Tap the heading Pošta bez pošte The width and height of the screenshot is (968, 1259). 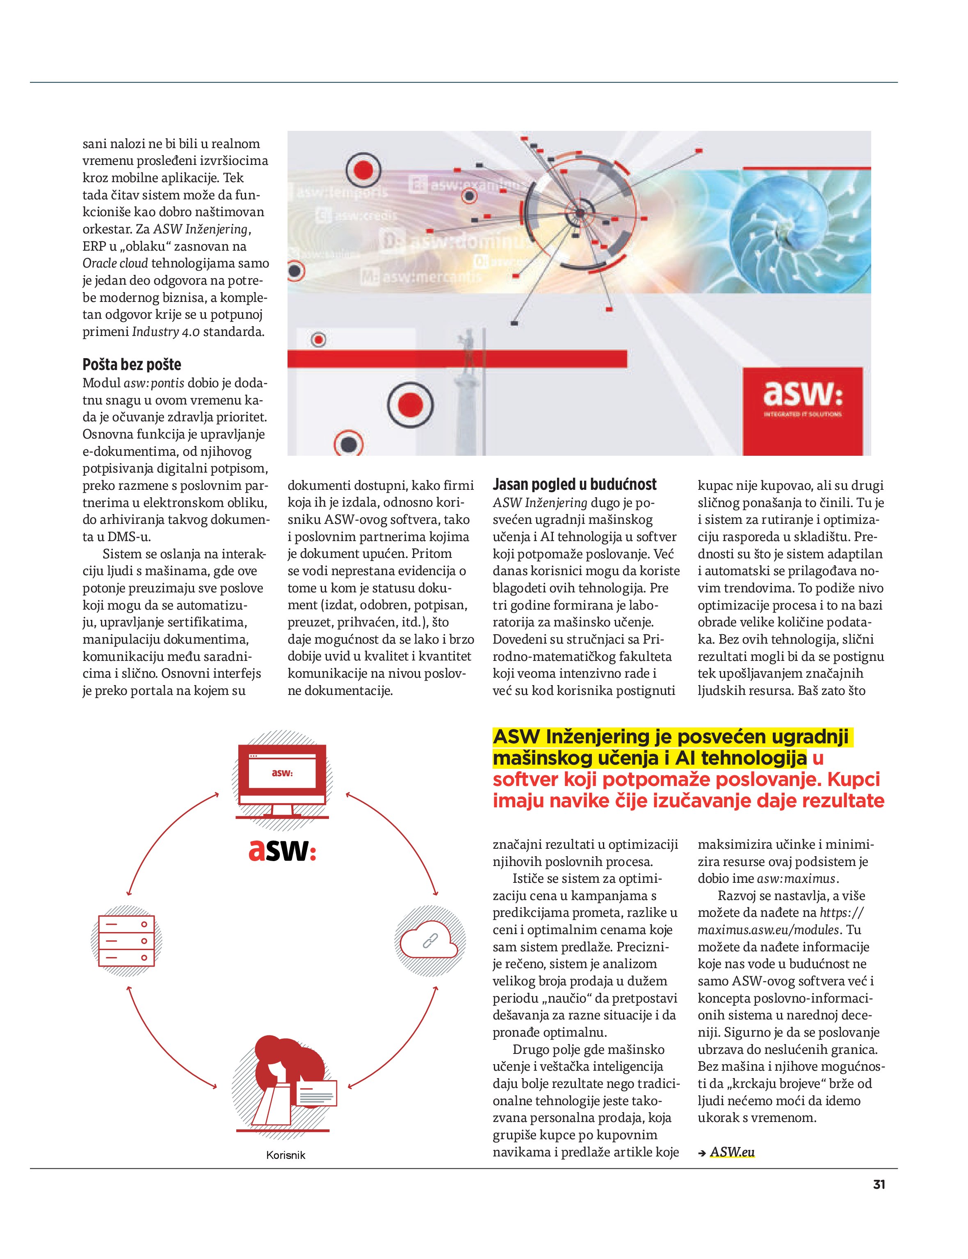tap(132, 365)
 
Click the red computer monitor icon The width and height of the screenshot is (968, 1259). tap(282, 779)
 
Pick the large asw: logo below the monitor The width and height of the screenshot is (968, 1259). tap(282, 851)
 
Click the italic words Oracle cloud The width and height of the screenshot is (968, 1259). tap(115, 263)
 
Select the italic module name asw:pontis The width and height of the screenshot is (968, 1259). tap(154, 383)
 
